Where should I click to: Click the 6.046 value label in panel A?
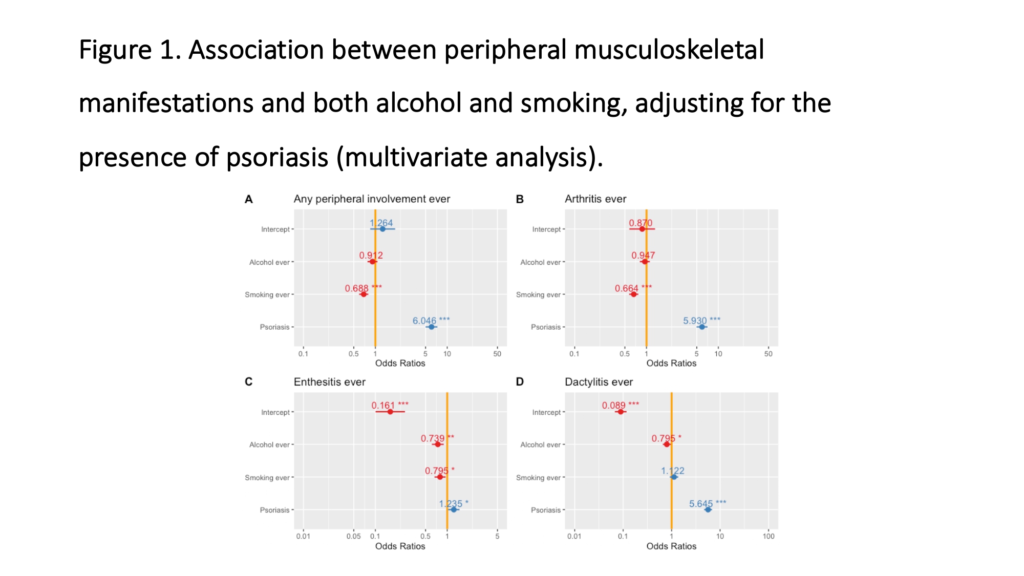424,321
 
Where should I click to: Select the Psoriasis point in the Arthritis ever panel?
702,327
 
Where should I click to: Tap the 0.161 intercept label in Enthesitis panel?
383,405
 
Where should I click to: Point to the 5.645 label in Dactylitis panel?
700,504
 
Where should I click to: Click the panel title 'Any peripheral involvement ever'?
372,199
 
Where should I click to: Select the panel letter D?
520,382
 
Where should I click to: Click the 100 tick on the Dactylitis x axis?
768,536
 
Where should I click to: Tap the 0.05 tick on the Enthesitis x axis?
353,536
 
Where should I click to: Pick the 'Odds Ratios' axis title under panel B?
671,363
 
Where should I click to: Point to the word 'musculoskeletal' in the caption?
669,50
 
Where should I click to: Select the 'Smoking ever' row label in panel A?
267,294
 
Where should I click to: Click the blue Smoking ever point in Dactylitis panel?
674,477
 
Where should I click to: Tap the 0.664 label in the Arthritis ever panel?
626,288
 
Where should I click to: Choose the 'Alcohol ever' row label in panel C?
269,444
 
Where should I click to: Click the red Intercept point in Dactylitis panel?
621,412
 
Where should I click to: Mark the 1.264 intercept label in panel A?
381,223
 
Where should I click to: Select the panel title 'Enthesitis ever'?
329,382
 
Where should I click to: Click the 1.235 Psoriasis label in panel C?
451,504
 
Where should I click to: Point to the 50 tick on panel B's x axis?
768,353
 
